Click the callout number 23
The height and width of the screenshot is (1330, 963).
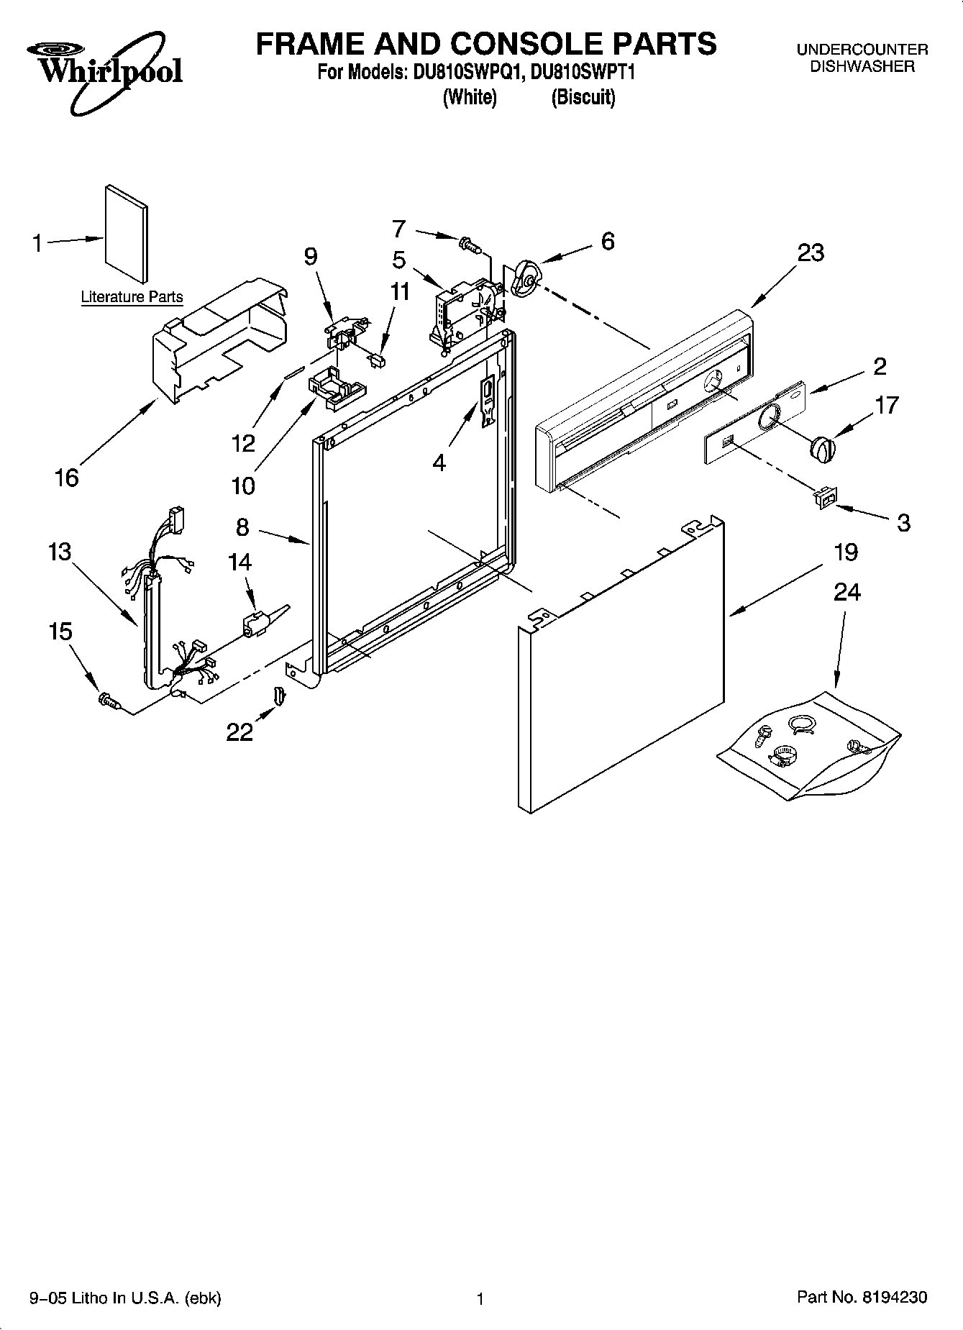pyautogui.click(x=811, y=253)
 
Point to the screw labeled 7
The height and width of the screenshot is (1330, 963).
pyautogui.click(x=470, y=245)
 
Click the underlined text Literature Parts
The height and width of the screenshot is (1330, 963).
pyautogui.click(x=132, y=296)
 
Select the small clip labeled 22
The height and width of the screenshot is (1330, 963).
pyautogui.click(x=278, y=695)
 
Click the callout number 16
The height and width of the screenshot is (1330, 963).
pyautogui.click(x=66, y=478)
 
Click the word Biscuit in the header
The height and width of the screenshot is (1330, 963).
pyautogui.click(x=583, y=97)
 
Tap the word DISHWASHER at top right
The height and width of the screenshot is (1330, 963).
pyautogui.click(x=862, y=66)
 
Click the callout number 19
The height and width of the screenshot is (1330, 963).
pyautogui.click(x=846, y=552)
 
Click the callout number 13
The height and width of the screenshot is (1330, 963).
pyautogui.click(x=60, y=552)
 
